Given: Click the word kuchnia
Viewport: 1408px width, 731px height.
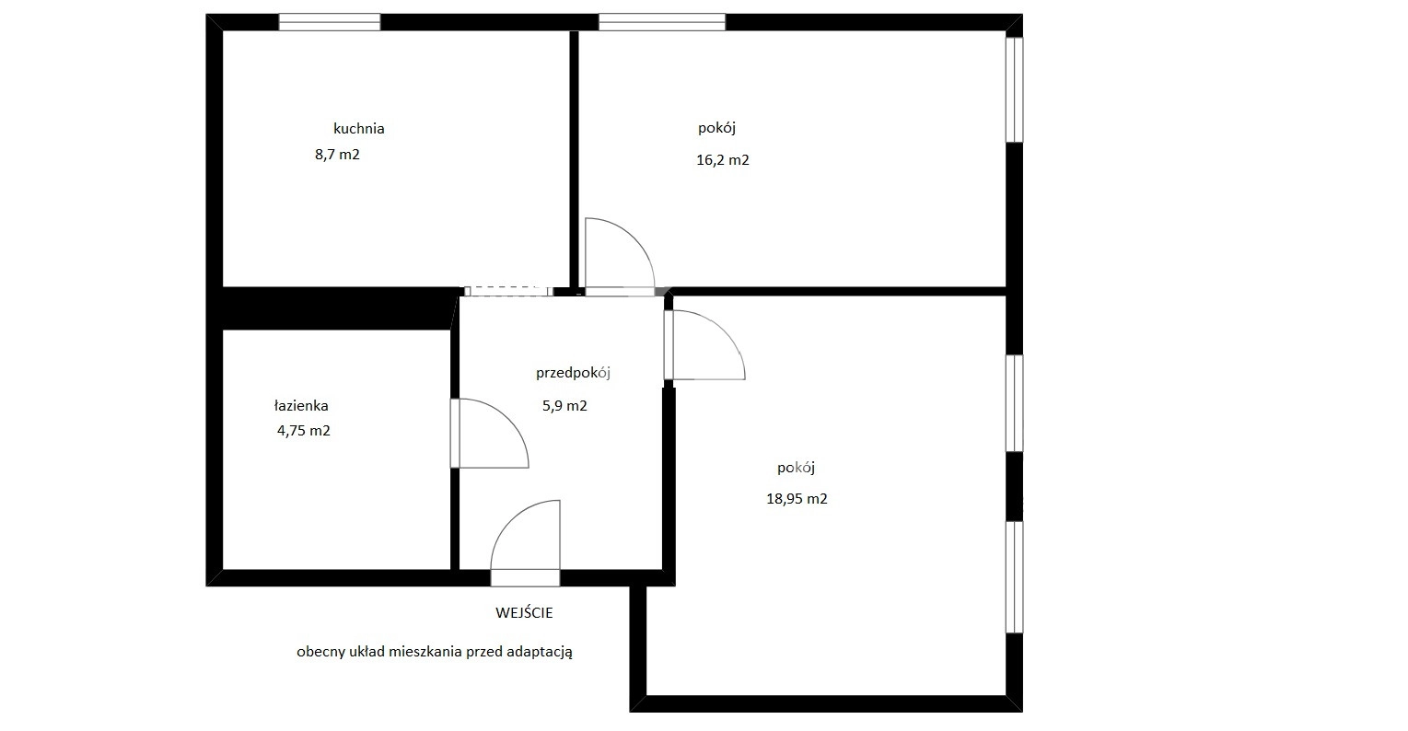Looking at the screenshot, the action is (x=359, y=128).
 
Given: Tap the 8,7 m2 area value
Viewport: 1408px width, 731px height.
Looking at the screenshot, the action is (x=338, y=155).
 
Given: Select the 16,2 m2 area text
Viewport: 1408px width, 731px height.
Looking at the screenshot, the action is (x=723, y=159).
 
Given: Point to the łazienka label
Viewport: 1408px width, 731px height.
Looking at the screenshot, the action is (x=301, y=405).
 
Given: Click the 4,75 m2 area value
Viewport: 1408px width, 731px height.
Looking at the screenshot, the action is (x=304, y=431).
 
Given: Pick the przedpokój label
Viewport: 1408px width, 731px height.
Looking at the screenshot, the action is (x=574, y=373).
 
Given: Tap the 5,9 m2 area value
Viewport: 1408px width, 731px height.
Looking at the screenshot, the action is (x=565, y=406).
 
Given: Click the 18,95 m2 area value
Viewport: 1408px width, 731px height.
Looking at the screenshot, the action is (x=797, y=499).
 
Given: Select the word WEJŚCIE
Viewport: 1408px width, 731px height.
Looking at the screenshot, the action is (x=524, y=613).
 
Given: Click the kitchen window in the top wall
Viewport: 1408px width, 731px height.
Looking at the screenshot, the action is (x=330, y=22).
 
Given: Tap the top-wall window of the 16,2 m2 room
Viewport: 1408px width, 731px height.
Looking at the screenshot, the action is (x=662, y=22).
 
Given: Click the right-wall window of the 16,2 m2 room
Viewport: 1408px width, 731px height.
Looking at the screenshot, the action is (x=1015, y=90).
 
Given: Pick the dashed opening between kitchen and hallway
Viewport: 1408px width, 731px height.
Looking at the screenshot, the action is (x=508, y=291).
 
